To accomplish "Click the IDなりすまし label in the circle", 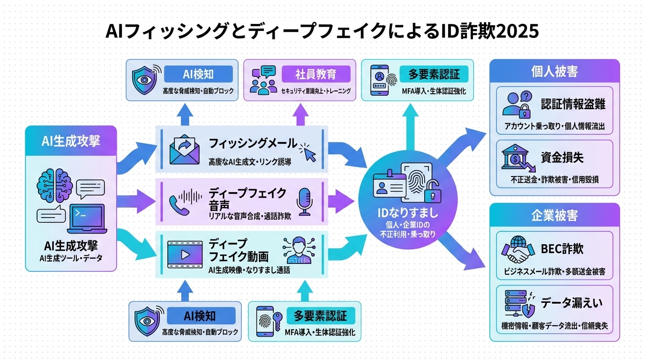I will click(x=407, y=213).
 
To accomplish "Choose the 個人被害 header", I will click(x=554, y=71).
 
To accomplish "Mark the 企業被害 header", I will click(x=554, y=216).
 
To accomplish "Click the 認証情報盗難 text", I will click(x=573, y=104).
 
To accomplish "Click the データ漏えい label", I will click(x=571, y=303).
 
